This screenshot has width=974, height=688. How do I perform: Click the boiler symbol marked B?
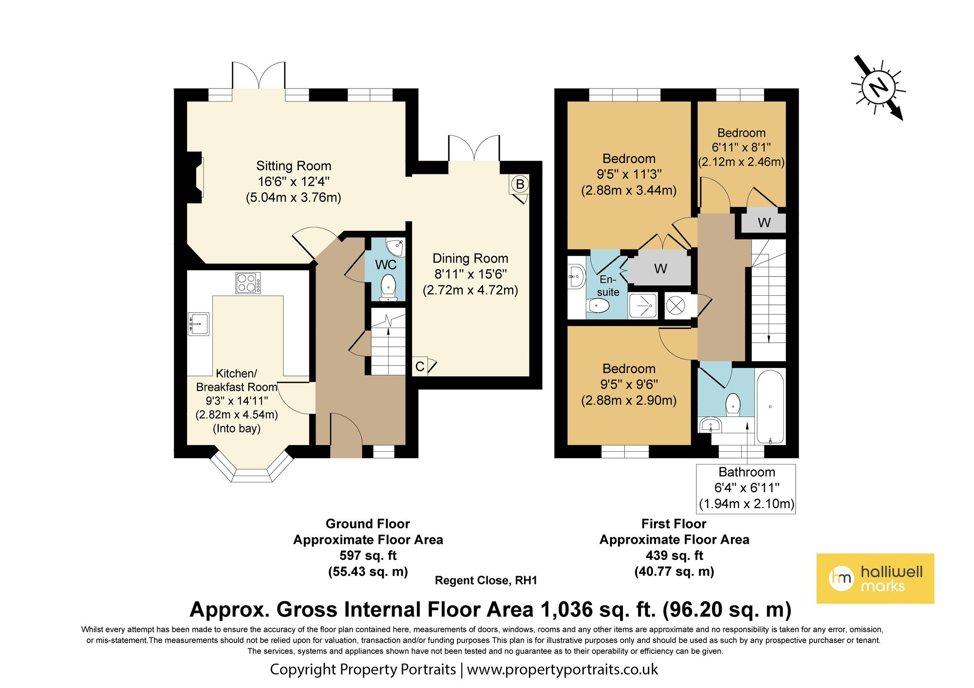(520, 185)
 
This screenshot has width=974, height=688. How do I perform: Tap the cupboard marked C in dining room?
(420, 367)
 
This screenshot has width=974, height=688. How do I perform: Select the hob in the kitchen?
(248, 283)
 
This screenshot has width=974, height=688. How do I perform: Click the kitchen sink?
(199, 323)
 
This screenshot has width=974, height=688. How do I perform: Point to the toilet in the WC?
(388, 287)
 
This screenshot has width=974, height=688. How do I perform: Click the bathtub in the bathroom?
(769, 407)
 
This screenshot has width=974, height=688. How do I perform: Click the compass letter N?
(879, 88)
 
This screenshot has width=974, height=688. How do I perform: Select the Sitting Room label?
(294, 166)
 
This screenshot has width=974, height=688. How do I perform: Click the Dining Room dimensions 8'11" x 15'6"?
(470, 274)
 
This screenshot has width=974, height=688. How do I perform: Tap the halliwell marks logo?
(875, 578)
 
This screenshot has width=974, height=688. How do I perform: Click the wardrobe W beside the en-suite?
(660, 268)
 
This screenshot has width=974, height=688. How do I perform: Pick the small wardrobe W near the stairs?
(764, 223)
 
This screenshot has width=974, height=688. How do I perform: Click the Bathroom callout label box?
(746, 488)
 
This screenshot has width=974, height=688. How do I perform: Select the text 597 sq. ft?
(368, 556)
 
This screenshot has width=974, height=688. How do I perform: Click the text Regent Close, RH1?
(486, 580)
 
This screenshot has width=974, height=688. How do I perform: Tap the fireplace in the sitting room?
(196, 177)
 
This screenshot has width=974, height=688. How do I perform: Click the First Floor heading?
(674, 524)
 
